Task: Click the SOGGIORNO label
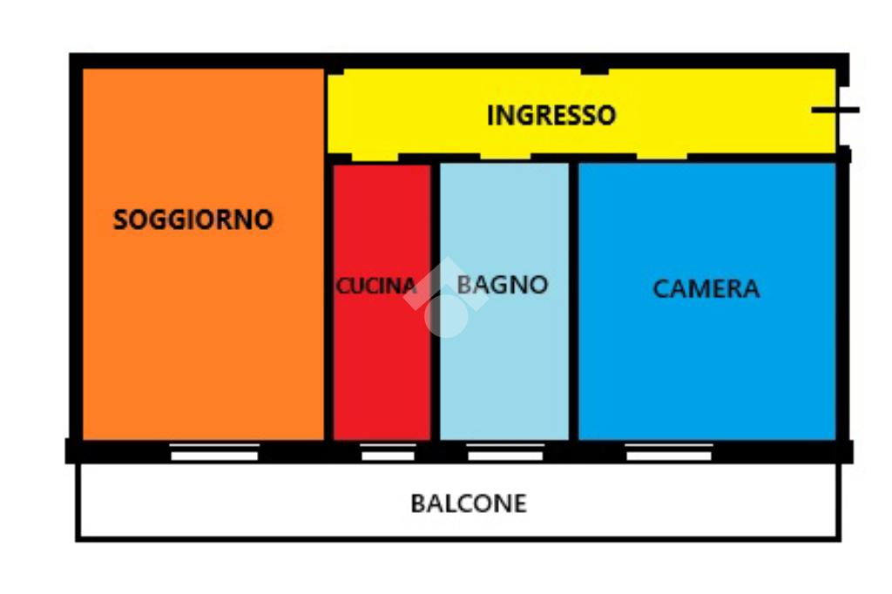pos(193,219)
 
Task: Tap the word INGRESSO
pos(551,115)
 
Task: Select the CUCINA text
pos(376,286)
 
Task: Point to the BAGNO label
pos(503,284)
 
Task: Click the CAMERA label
pos(706,288)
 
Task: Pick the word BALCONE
pos(469,503)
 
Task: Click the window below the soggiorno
pos(214,452)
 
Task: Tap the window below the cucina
pos(388,452)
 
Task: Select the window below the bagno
pos(505,452)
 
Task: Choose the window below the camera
pos(668,452)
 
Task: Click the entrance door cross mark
pos(835,110)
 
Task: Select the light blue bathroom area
pos(503,375)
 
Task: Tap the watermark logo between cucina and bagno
pos(445,298)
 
